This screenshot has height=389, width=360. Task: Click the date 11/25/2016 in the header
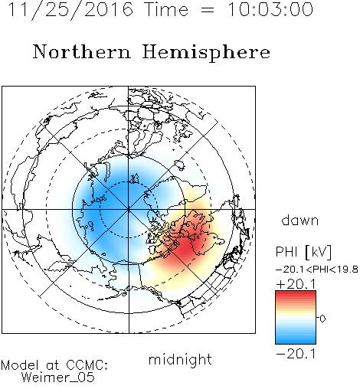click(70, 10)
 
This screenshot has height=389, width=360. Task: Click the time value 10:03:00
click(270, 9)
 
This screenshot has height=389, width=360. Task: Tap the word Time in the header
click(166, 9)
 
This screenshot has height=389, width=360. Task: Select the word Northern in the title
click(81, 51)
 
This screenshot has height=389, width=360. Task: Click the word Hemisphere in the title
click(206, 53)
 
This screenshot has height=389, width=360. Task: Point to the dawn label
click(300, 221)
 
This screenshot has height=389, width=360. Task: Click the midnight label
click(180, 360)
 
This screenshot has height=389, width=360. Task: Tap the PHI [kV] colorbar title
click(303, 252)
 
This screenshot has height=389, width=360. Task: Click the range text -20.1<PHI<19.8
click(317, 270)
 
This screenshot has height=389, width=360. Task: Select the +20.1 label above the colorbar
click(296, 284)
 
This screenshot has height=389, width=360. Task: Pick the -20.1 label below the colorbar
click(296, 354)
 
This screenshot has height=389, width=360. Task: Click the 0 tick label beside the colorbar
click(322, 319)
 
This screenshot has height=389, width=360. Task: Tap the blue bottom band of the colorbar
click(296, 341)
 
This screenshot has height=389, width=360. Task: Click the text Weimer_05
click(58, 378)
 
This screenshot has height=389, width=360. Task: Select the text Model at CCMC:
click(54, 365)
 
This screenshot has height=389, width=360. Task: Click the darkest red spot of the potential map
click(186, 247)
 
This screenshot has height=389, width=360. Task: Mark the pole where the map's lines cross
click(129, 210)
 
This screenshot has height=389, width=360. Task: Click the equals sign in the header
click(208, 10)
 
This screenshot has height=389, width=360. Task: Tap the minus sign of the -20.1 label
click(280, 355)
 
